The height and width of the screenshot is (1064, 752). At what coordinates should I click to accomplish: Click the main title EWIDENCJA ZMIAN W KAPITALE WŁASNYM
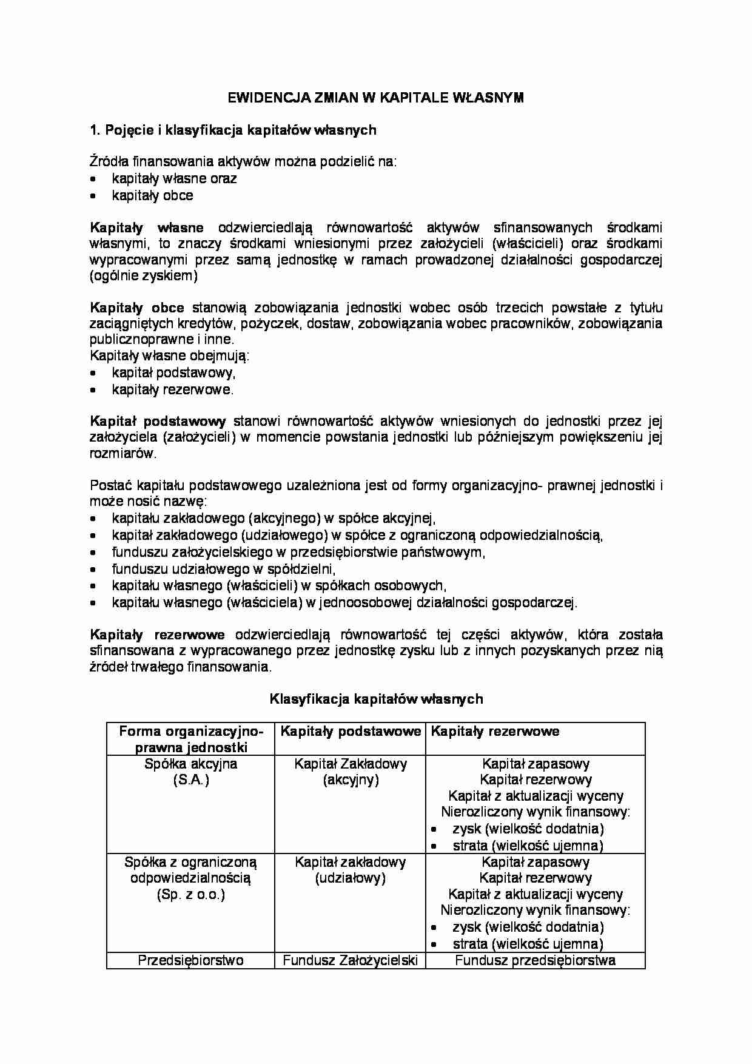click(x=375, y=98)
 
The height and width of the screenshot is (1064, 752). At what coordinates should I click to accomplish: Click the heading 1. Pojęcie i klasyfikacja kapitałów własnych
click(x=233, y=130)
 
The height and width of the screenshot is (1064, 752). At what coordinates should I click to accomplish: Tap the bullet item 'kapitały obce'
click(x=152, y=195)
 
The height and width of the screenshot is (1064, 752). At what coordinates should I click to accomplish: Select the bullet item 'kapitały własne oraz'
click(x=174, y=178)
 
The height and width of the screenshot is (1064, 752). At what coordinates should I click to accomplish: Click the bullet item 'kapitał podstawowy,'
click(x=173, y=373)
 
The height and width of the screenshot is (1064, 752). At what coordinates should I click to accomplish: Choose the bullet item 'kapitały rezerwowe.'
click(x=172, y=390)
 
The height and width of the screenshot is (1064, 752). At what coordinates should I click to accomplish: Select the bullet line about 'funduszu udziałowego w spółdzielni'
click(x=224, y=569)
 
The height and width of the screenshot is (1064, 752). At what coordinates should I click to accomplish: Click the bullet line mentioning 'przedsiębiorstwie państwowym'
click(x=298, y=552)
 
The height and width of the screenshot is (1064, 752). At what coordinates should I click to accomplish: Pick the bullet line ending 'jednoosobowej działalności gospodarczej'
click(x=344, y=602)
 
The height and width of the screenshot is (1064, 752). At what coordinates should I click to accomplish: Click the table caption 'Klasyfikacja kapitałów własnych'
click(x=376, y=699)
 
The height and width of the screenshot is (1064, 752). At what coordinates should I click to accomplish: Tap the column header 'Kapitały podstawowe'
click(x=351, y=731)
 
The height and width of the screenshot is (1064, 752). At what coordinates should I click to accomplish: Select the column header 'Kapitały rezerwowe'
click(x=495, y=731)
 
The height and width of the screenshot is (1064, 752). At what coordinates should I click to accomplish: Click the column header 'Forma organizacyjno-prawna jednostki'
click(x=191, y=739)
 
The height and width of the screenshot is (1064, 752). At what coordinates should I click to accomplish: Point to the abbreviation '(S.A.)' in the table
click(x=191, y=780)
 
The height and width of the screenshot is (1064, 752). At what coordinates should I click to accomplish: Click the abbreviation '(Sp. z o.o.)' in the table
click(x=191, y=895)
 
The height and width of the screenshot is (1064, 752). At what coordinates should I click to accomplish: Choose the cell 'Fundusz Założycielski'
click(x=351, y=960)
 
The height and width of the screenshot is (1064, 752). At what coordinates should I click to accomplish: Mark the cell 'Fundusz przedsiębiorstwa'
click(x=535, y=960)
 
